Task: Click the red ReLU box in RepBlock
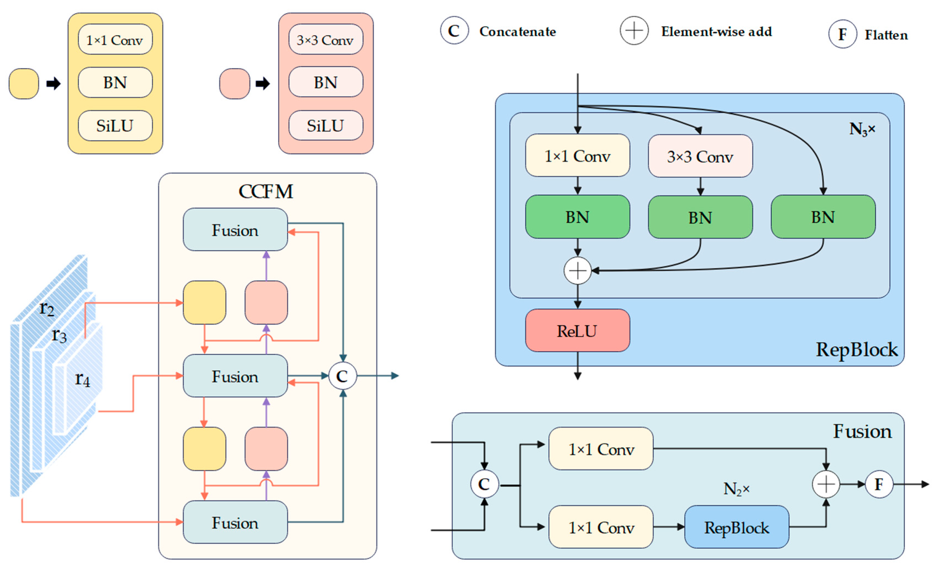(x=577, y=330)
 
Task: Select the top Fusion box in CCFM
(x=235, y=230)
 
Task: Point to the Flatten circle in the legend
(x=842, y=34)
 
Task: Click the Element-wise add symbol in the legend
(x=634, y=30)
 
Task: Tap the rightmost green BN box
(x=823, y=217)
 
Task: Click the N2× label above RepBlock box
(x=736, y=489)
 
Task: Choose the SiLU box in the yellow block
(x=115, y=125)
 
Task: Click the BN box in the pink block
(x=326, y=82)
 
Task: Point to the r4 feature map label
(x=82, y=379)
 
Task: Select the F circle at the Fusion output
(x=879, y=484)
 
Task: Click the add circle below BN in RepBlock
(x=578, y=270)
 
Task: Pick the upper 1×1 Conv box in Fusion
(x=601, y=449)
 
